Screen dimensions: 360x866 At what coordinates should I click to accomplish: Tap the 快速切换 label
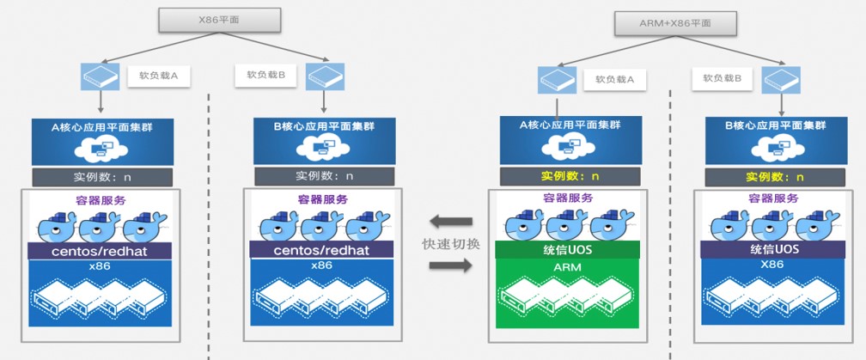pyautogui.click(x=451, y=243)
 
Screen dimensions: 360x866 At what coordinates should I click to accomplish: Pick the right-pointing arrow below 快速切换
pyautogui.click(x=451, y=267)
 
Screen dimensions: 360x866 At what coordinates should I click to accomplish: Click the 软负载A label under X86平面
pyautogui.click(x=159, y=76)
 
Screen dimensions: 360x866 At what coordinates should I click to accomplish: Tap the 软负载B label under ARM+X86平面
pyautogui.click(x=728, y=78)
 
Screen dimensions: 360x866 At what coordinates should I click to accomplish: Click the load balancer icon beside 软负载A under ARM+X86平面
pyautogui.click(x=557, y=79)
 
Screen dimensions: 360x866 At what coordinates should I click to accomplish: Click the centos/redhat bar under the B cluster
pyautogui.click(x=322, y=249)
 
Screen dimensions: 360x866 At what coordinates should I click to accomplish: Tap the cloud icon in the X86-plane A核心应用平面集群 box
pyautogui.click(x=101, y=149)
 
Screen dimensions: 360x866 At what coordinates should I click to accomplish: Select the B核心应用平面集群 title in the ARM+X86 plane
pyautogui.click(x=766, y=126)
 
